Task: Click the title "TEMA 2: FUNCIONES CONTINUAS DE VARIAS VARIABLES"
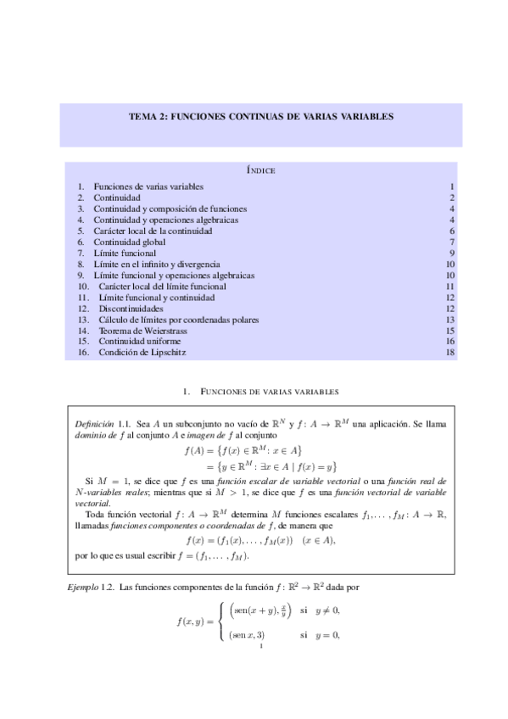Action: [260, 117]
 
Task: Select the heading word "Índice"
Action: [260, 170]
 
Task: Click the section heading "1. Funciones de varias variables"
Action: [260, 392]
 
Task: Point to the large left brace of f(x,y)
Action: [222, 621]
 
